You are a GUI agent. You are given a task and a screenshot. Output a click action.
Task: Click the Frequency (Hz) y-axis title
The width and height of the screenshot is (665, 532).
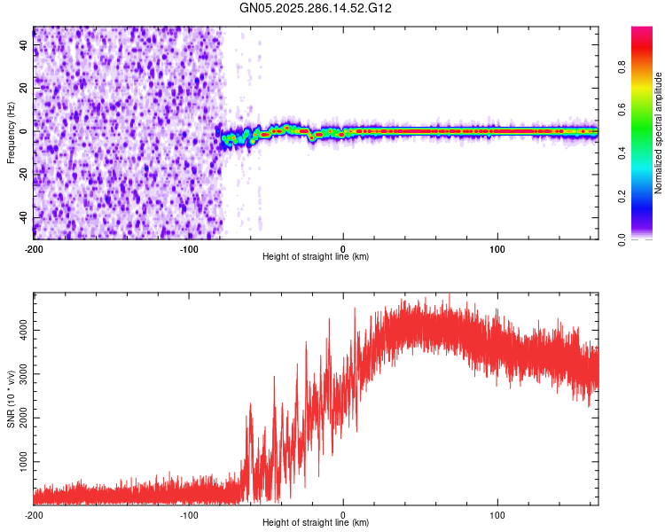11,133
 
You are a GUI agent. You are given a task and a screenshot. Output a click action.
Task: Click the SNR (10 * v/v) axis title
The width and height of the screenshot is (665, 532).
11,399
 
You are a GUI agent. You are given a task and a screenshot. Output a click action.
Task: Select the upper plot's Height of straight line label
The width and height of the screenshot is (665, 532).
316,257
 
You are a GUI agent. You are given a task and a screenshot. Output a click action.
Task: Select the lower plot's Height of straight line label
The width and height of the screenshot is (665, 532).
316,523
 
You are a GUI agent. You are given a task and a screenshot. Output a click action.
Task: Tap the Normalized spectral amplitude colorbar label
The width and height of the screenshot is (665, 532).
659,133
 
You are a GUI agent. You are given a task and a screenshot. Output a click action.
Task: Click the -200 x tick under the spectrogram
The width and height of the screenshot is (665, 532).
34,248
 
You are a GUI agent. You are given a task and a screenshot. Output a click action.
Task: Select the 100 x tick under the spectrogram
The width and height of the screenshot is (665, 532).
497,248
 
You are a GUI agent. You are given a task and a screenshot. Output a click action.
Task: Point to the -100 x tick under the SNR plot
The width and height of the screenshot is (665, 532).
188,514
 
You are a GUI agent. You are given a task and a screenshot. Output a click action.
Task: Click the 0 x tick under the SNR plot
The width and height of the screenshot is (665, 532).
343,514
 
